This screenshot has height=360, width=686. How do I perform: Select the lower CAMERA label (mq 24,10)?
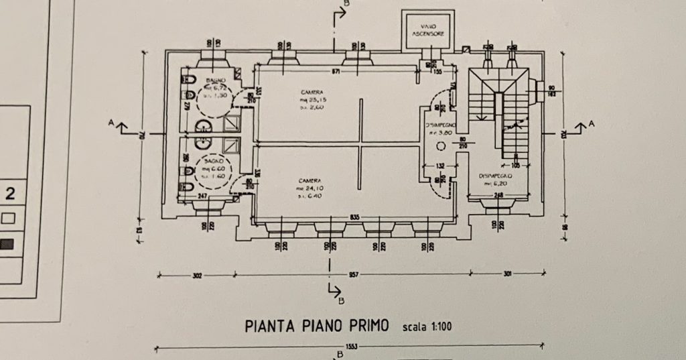310,181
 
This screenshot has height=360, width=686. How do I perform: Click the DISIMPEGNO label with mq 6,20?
496,176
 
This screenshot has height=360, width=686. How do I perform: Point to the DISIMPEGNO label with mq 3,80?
441,125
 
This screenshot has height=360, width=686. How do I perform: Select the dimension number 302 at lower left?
198,274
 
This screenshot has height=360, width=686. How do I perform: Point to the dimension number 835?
354,217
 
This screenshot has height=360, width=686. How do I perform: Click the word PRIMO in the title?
366,326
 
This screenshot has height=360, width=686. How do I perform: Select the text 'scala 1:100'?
427,327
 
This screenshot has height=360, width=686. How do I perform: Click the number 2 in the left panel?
10,195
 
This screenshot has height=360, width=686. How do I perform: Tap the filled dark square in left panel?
8,244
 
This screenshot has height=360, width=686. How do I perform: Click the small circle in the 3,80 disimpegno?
440,146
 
